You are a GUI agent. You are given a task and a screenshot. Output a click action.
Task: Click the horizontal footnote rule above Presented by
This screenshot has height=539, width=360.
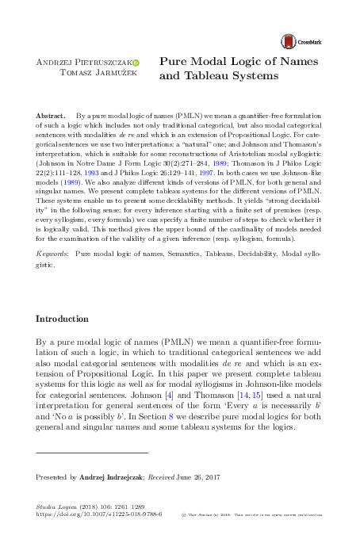point(92,452)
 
